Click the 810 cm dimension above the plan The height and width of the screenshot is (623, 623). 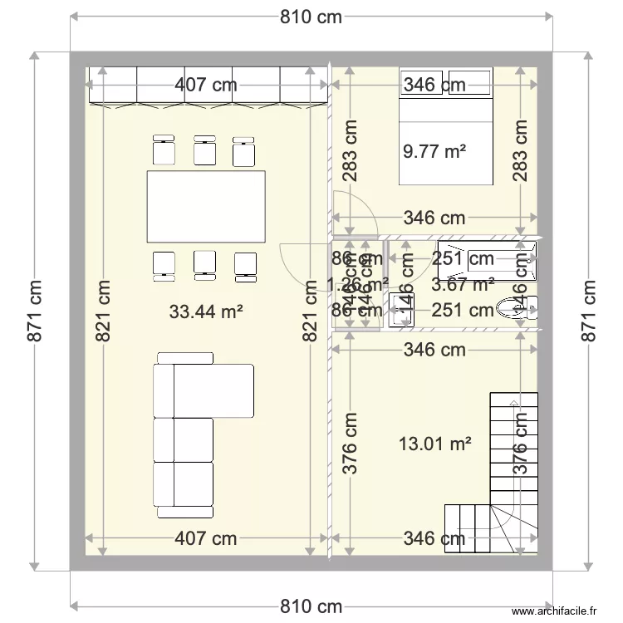pyautogui.click(x=311, y=17)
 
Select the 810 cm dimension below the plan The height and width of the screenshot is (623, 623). pyautogui.click(x=311, y=605)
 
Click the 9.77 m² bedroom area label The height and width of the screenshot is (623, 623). pyautogui.click(x=434, y=151)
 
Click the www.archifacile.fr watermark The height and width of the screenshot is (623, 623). pyautogui.click(x=556, y=611)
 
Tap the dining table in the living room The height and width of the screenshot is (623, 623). pyautogui.click(x=206, y=204)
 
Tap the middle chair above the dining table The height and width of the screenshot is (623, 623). pyautogui.click(x=204, y=151)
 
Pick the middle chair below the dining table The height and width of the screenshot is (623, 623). pyautogui.click(x=204, y=262)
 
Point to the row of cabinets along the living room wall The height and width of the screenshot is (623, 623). pyautogui.click(x=208, y=86)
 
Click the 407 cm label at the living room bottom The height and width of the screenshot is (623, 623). pyautogui.click(x=206, y=539)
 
